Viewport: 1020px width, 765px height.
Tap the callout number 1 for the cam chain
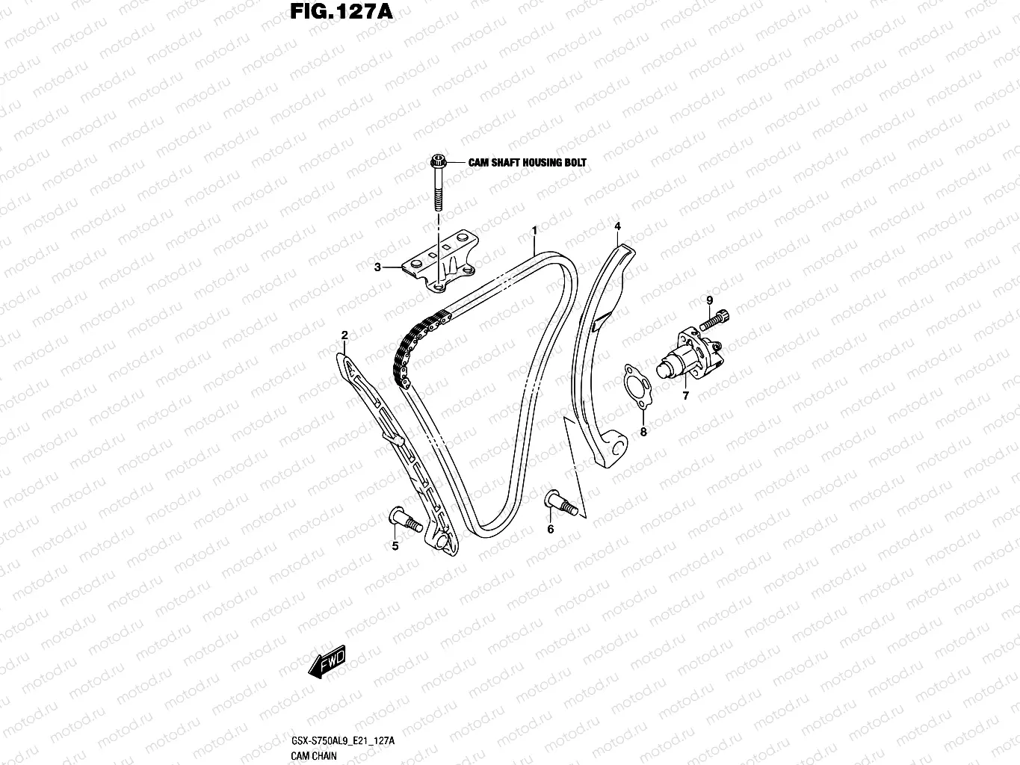pos(534,231)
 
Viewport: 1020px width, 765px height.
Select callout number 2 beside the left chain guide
pos(344,335)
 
